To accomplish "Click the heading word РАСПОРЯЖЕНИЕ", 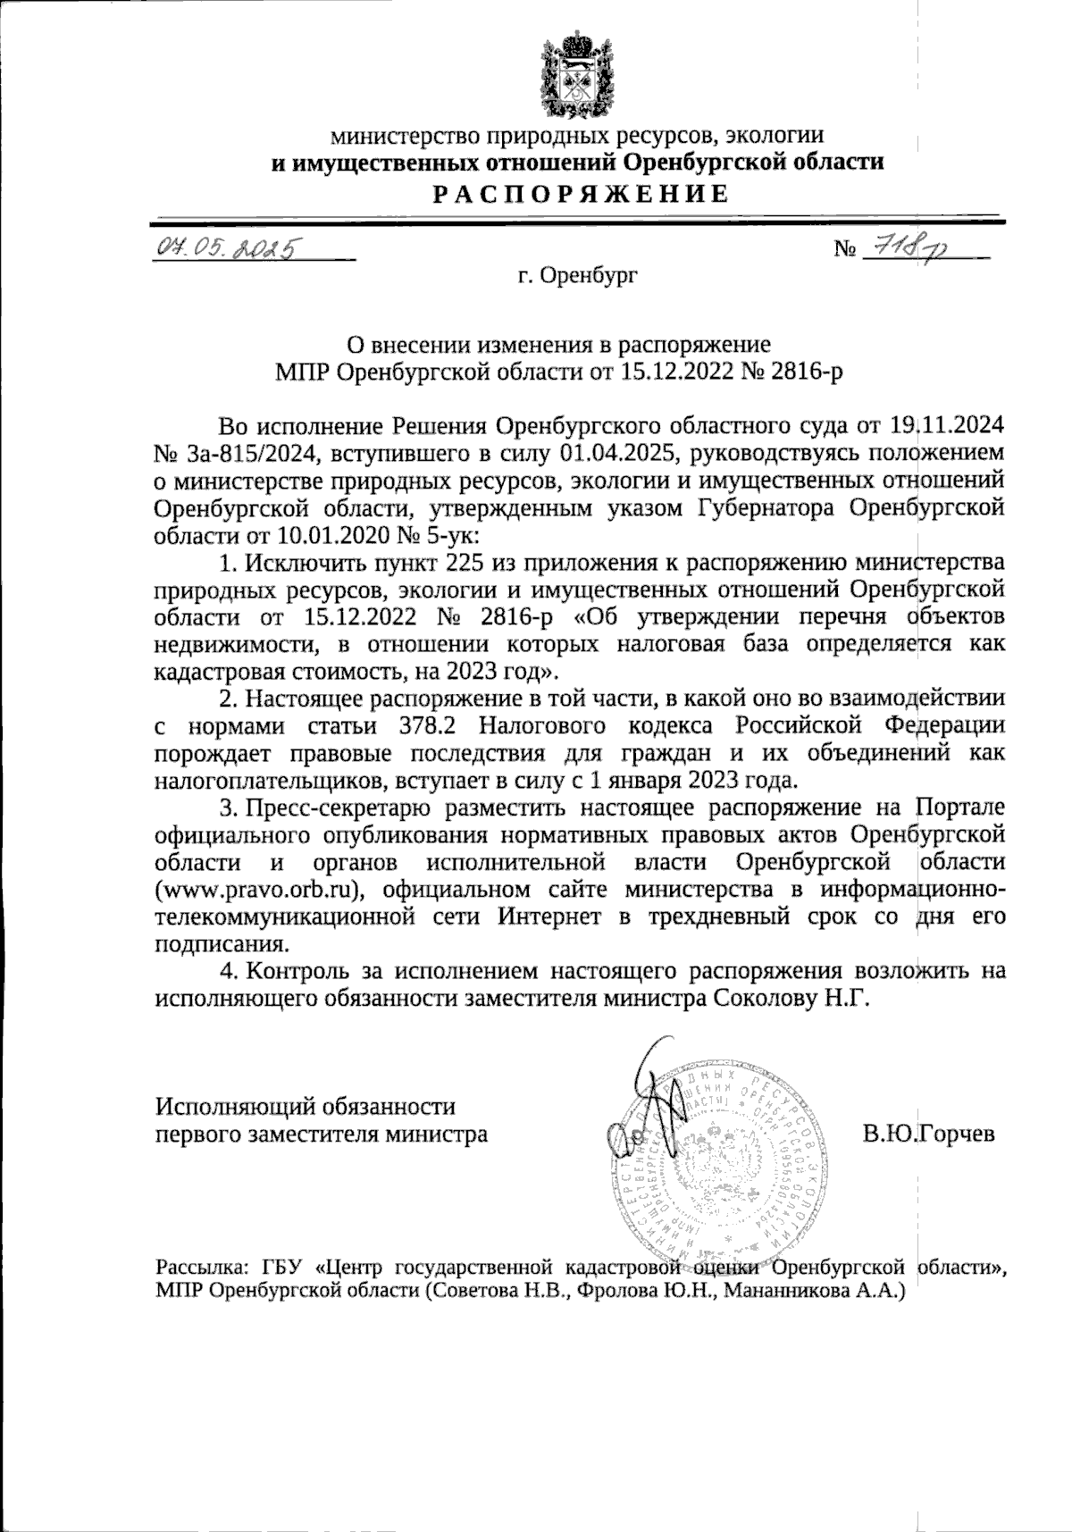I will (x=580, y=193).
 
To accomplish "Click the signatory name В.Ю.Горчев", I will (x=928, y=1134).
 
